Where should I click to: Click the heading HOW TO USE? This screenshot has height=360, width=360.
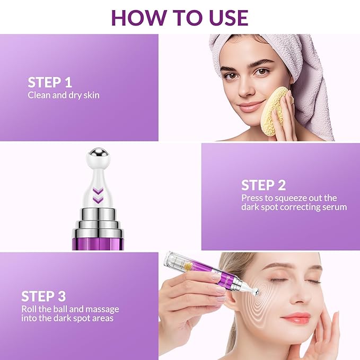point(180,17)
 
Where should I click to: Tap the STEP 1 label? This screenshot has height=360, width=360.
point(50,83)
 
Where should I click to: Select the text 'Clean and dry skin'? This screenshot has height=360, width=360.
point(64,95)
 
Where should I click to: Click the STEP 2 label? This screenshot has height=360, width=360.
point(264,185)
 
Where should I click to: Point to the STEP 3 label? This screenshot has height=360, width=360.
point(43,296)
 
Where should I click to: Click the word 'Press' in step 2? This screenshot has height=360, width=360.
point(252,198)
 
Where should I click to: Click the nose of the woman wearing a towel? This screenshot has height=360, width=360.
point(245,89)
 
